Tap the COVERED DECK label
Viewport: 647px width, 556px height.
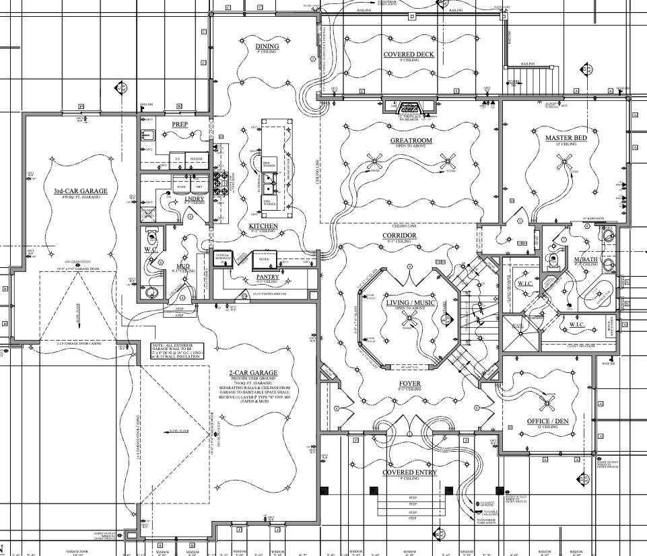tap(409, 55)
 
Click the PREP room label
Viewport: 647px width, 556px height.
tap(179, 124)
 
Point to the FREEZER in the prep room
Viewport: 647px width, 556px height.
tap(196, 161)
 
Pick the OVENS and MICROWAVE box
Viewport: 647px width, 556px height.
tap(223, 258)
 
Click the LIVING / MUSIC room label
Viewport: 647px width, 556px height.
tap(410, 304)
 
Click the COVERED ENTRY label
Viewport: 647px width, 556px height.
tap(409, 473)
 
